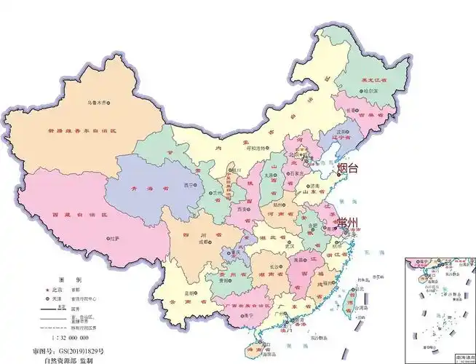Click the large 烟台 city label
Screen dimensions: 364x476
click(349, 167)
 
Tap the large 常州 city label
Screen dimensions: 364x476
click(349, 223)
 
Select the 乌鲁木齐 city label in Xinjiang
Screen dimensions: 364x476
click(101, 102)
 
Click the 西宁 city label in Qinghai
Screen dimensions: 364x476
click(191, 186)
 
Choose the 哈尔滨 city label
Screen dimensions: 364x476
click(370, 90)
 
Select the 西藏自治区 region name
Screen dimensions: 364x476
click(70, 216)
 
